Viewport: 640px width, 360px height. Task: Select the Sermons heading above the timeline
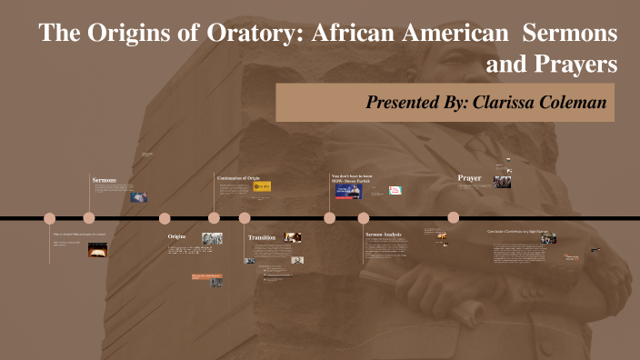click(x=105, y=180)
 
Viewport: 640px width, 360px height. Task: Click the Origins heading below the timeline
click(x=178, y=236)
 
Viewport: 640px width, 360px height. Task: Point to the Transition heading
click(x=262, y=237)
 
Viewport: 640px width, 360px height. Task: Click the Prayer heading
click(x=469, y=177)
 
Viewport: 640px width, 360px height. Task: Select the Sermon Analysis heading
click(x=383, y=235)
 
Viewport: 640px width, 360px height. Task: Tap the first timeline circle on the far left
click(x=50, y=218)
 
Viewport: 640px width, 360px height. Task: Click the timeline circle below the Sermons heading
click(x=89, y=218)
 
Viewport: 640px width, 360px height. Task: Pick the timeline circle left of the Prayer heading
click(x=454, y=218)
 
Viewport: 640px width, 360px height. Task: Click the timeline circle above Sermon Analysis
click(x=364, y=218)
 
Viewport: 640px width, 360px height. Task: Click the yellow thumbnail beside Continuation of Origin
click(x=262, y=186)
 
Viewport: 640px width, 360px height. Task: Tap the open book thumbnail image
click(x=97, y=249)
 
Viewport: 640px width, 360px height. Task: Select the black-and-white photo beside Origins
click(x=212, y=238)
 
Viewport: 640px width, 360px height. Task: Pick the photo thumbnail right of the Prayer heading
click(x=502, y=182)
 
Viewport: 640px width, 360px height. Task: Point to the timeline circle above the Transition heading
click(x=245, y=218)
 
